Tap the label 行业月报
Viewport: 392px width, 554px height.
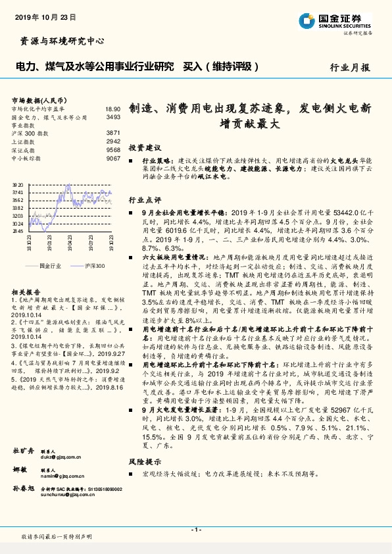coord(349,67)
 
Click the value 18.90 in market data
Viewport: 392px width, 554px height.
coord(112,109)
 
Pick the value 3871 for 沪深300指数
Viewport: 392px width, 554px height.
coord(113,133)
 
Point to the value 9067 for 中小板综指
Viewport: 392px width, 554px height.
coord(113,159)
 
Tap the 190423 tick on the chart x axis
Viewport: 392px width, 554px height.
coord(70,241)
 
